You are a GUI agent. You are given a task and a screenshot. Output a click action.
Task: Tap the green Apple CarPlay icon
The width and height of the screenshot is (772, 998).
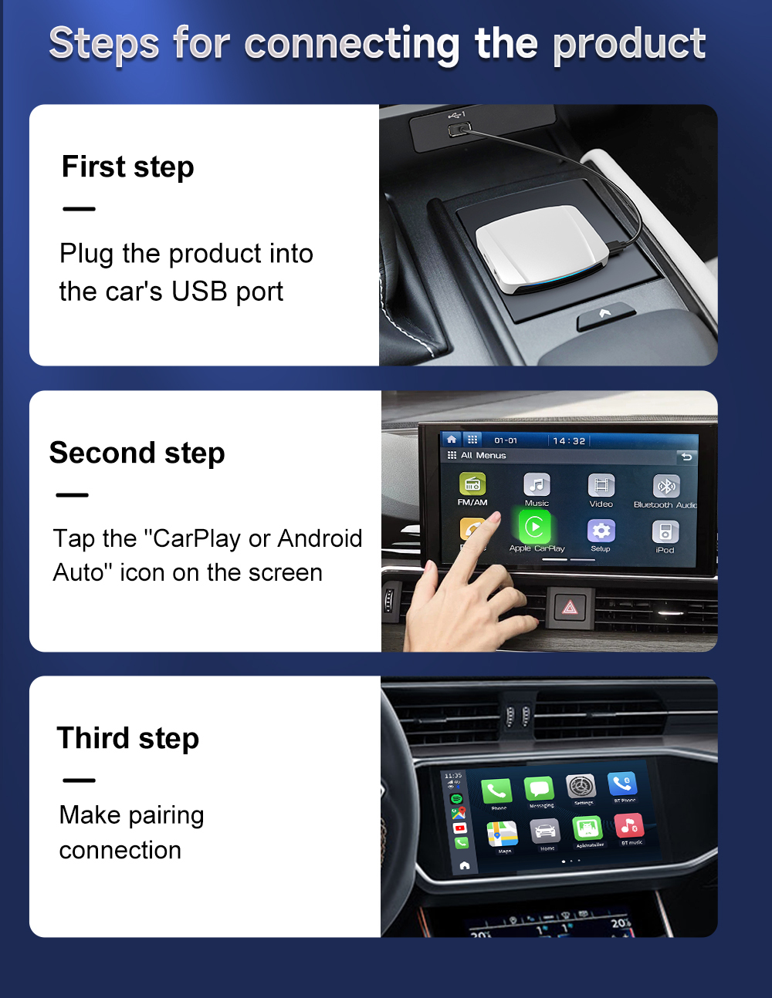click(x=534, y=528)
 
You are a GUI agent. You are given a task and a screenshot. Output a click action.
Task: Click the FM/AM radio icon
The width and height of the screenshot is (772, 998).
click(x=472, y=484)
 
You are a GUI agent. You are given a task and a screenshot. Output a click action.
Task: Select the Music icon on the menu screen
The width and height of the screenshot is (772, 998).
click(x=537, y=484)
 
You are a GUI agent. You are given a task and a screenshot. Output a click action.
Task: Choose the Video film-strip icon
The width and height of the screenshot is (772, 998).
click(x=601, y=485)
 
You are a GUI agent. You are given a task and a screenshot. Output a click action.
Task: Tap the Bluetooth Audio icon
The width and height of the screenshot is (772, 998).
click(x=665, y=486)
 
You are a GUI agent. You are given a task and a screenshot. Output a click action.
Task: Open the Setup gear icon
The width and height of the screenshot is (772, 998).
click(x=601, y=531)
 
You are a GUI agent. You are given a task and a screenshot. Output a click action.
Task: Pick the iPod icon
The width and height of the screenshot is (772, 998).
click(x=665, y=531)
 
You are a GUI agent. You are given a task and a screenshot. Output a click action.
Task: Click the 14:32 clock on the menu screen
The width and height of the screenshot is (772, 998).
click(x=569, y=440)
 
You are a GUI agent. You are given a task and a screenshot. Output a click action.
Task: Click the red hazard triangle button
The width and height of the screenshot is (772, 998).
click(x=570, y=608)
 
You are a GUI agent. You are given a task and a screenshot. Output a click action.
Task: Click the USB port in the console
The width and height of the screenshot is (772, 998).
click(x=459, y=128)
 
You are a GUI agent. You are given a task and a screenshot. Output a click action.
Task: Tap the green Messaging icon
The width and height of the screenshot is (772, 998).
click(x=539, y=789)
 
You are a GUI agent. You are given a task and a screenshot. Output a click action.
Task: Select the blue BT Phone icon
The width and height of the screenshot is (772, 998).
click(x=622, y=784)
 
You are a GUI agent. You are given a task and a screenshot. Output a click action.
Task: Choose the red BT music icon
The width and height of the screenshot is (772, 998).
click(x=629, y=826)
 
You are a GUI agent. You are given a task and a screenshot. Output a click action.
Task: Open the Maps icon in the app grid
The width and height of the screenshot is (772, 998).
click(x=502, y=834)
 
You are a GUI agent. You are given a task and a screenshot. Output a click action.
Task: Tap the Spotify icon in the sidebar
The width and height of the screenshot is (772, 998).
click(x=456, y=799)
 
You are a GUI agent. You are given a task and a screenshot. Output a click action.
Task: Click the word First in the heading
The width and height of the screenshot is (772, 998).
click(x=93, y=167)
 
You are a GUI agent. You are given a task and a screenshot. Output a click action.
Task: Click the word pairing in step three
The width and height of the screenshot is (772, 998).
click(x=166, y=815)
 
